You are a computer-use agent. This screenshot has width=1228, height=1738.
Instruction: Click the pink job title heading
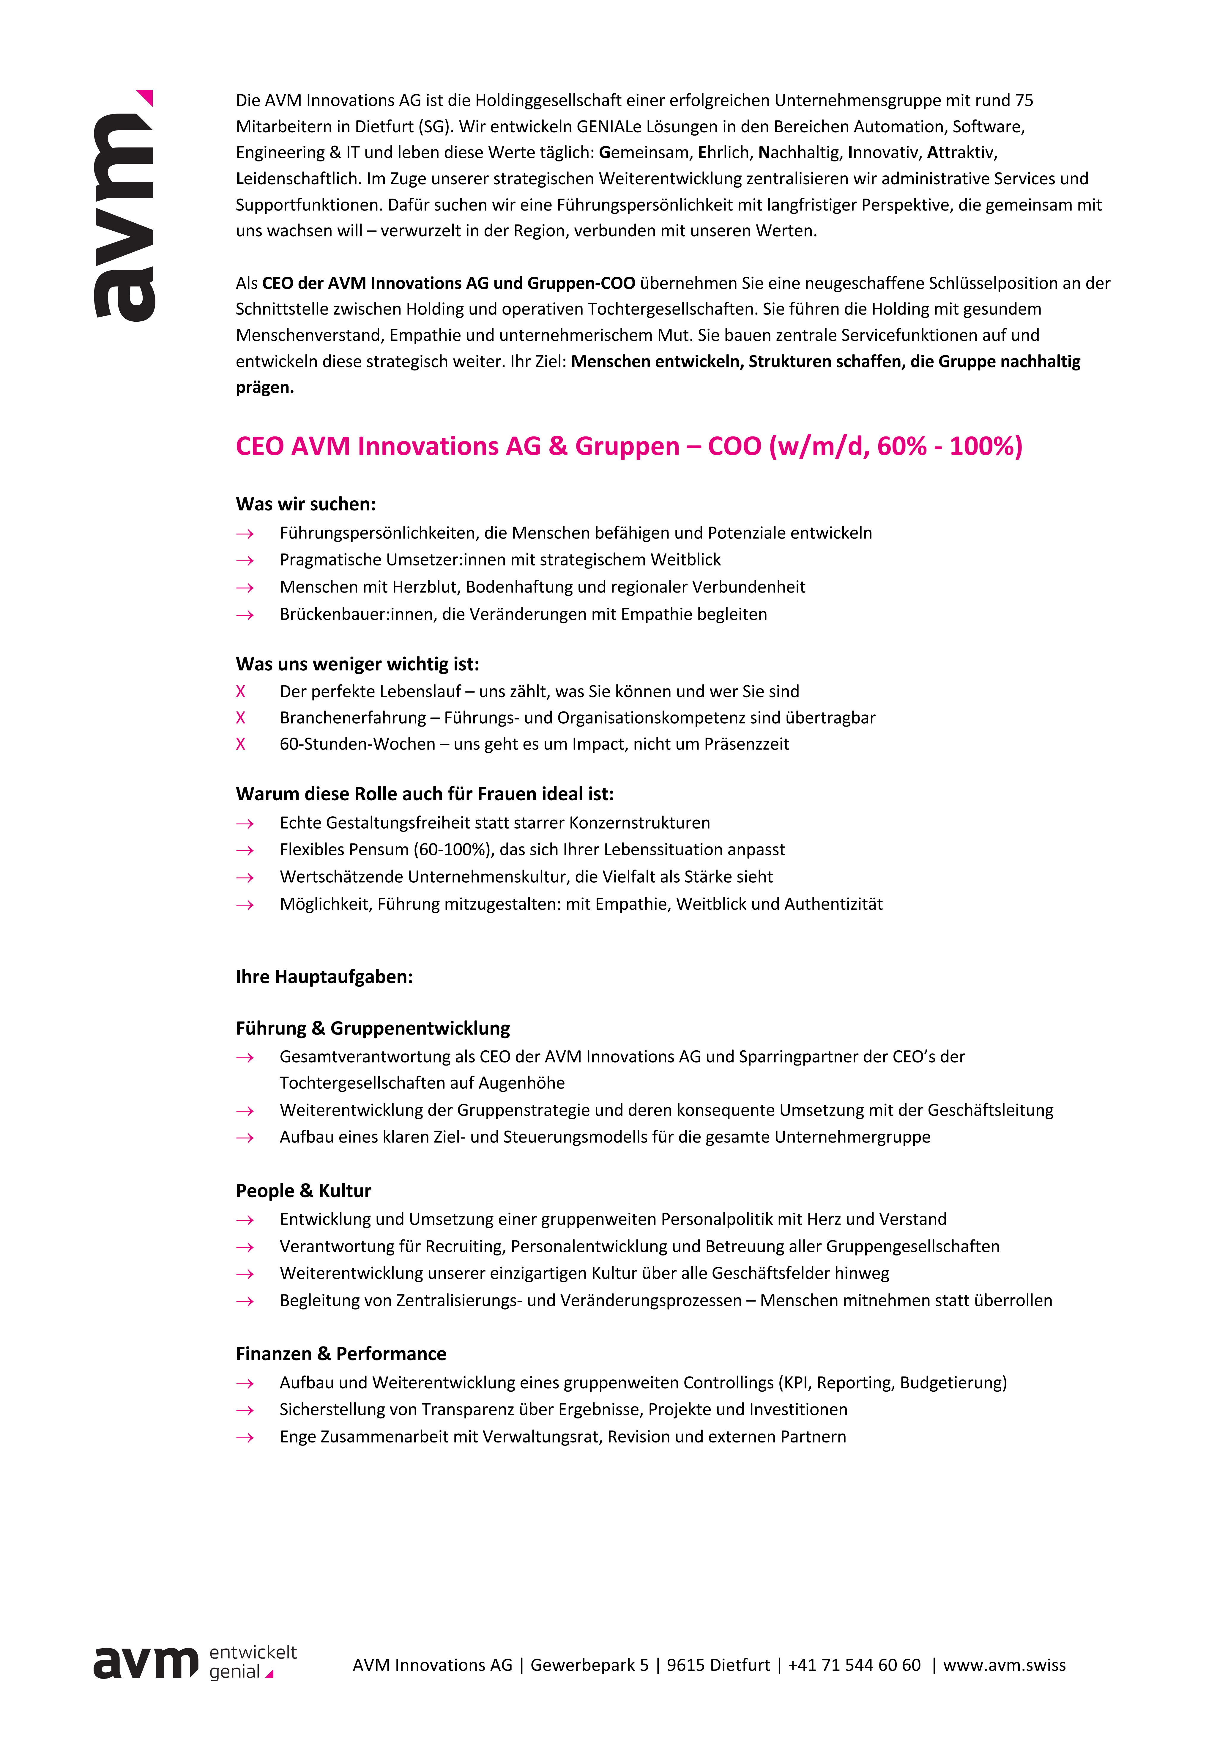[x=628, y=447]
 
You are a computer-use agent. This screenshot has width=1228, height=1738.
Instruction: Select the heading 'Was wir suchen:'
[x=306, y=504]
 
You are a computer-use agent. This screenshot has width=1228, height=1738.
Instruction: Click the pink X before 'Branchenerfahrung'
[x=241, y=718]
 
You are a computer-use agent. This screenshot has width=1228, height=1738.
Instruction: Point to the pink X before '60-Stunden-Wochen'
[x=241, y=744]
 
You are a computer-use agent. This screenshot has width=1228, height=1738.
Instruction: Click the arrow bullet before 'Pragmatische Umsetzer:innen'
[x=245, y=561]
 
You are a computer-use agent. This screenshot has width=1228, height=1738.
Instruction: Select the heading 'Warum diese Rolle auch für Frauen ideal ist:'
[x=425, y=794]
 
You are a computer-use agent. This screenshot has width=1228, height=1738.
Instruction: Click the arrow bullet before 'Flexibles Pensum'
[x=245, y=851]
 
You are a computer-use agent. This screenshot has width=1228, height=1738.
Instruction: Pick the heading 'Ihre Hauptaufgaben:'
[x=324, y=977]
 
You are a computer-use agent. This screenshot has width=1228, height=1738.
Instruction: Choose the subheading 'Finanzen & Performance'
[x=341, y=1354]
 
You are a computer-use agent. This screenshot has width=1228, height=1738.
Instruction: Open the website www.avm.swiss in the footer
[x=1004, y=1665]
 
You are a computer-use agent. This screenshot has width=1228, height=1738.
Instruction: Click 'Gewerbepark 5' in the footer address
[x=589, y=1665]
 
